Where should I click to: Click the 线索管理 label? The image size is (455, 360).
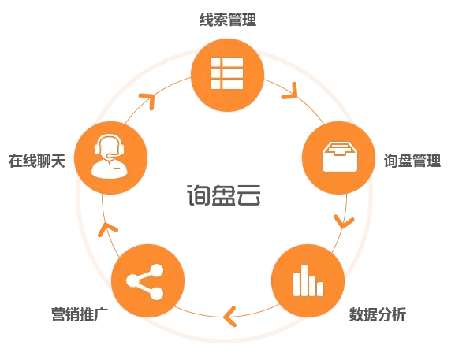(228, 20)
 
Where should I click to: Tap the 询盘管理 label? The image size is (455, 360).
(412, 161)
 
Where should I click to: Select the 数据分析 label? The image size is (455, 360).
(378, 314)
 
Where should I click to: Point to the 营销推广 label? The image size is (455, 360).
(80, 314)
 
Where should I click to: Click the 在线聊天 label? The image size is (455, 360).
(37, 161)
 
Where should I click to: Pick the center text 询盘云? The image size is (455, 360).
(223, 195)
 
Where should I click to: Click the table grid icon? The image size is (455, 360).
(227, 73)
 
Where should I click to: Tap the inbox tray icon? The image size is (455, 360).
(340, 157)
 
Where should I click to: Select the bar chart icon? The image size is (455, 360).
(308, 280)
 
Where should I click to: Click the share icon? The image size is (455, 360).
(145, 281)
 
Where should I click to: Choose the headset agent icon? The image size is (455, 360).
(109, 156)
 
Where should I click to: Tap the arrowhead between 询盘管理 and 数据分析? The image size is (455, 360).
(344, 221)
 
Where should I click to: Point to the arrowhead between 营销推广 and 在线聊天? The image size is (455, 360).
(106, 229)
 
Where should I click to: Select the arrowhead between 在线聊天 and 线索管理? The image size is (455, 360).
(148, 99)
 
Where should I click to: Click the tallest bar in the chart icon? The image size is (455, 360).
(304, 280)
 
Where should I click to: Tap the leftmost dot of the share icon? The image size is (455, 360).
(132, 281)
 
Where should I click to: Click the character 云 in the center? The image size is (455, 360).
(248, 195)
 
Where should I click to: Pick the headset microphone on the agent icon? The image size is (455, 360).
(112, 156)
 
